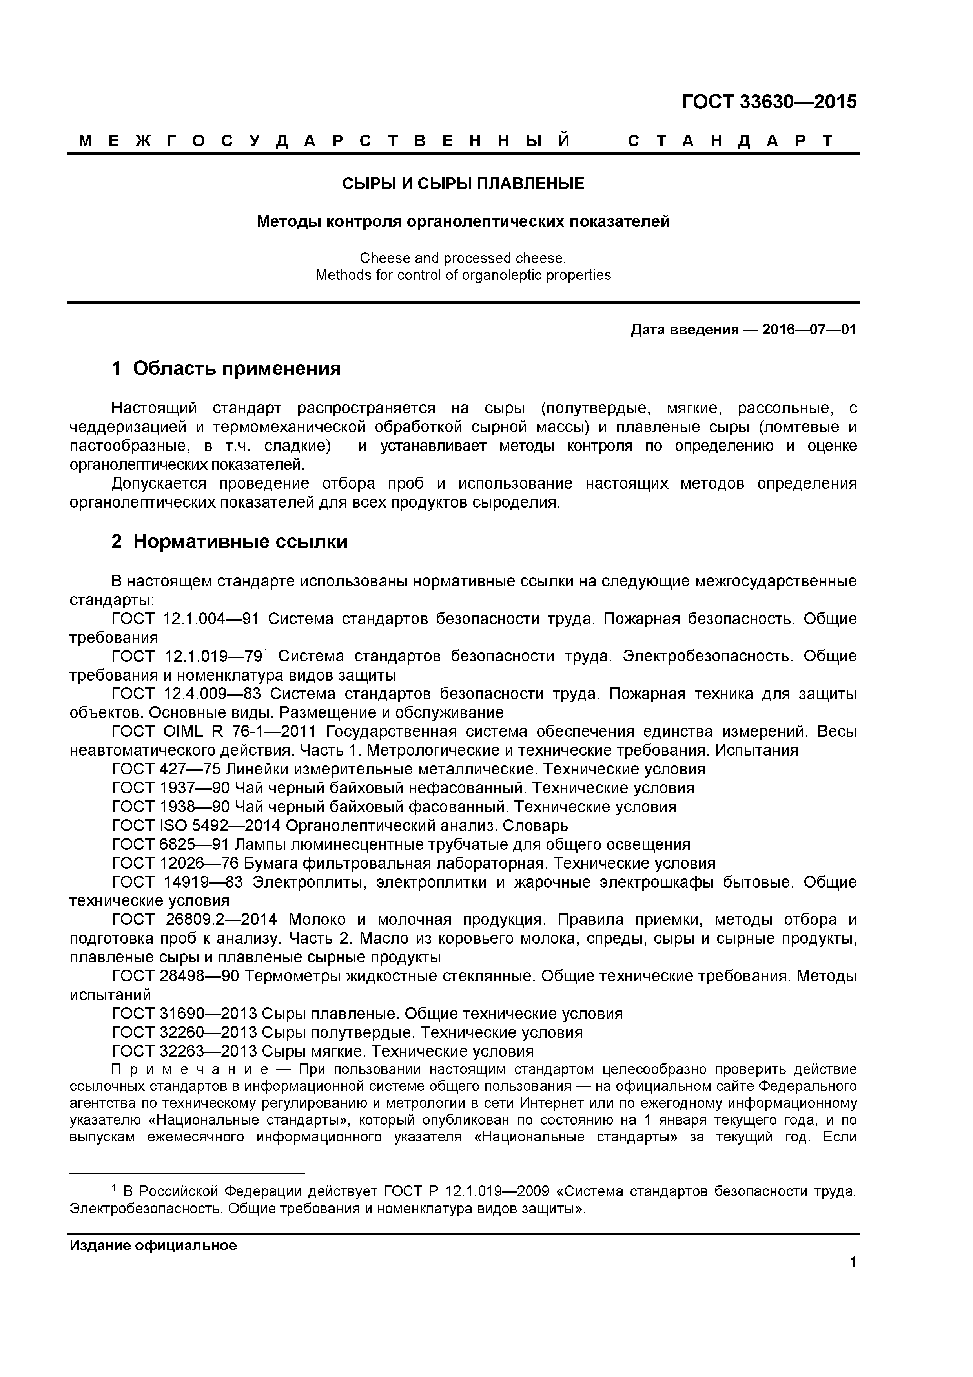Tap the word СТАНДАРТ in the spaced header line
coord(730,142)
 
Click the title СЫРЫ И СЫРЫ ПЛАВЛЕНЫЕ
coord(463,184)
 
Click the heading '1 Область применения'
coord(226,368)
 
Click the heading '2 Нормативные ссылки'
coord(230,542)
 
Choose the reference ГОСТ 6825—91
coord(170,844)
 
